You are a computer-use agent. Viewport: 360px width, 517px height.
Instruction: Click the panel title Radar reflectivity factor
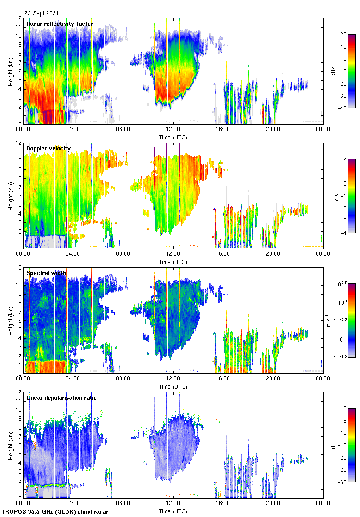pyautogui.click(x=60, y=24)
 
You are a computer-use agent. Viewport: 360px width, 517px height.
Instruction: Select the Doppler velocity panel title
pyautogui.click(x=48, y=149)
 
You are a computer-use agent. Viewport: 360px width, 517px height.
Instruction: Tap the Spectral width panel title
pyautogui.click(x=46, y=273)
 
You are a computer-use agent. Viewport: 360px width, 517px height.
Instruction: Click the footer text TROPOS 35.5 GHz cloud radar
pyautogui.click(x=55, y=512)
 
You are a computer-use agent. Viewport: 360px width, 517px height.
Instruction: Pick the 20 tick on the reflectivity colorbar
pyautogui.click(x=343, y=35)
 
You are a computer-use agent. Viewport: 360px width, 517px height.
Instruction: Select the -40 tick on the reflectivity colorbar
pyautogui.click(x=343, y=108)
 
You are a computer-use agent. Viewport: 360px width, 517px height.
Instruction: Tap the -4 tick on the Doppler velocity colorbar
pyautogui.click(x=343, y=233)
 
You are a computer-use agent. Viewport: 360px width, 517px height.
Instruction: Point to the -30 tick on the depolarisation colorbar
pyautogui.click(x=343, y=482)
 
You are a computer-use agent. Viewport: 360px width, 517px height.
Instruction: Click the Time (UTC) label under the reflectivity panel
pyautogui.click(x=173, y=137)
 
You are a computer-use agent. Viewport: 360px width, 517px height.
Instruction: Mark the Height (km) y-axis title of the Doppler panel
pyautogui.click(x=11, y=196)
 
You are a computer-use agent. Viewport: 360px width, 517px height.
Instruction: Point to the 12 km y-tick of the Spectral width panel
pyautogui.click(x=18, y=268)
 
